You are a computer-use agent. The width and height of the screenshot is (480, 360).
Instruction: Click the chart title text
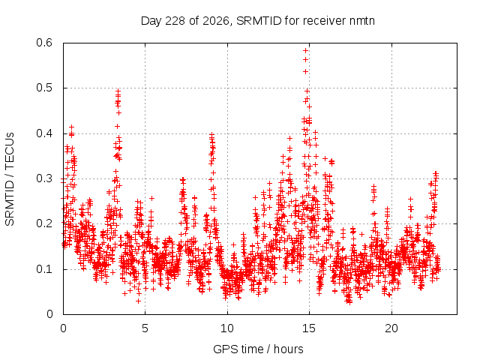click(x=258, y=21)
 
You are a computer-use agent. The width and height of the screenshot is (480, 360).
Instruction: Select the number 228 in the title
click(x=175, y=21)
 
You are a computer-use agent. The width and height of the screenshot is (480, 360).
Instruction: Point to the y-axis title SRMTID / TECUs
click(x=10, y=179)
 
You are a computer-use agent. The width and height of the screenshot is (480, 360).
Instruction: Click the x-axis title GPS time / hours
click(x=258, y=349)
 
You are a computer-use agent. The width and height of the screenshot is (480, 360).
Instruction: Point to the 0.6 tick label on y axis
click(x=44, y=43)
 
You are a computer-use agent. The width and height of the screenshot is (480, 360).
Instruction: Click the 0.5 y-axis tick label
click(x=44, y=88)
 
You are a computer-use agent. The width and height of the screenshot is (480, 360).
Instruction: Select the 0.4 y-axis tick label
click(x=44, y=133)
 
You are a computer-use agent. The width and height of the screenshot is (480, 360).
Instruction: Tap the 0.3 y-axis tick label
click(x=44, y=178)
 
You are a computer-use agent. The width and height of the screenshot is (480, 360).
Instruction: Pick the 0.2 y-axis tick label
click(x=44, y=223)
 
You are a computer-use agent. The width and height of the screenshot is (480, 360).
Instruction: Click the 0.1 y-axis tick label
click(x=44, y=269)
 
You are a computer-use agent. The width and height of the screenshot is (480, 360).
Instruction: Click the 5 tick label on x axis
click(x=145, y=328)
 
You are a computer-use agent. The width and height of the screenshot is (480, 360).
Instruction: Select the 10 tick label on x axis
click(x=227, y=328)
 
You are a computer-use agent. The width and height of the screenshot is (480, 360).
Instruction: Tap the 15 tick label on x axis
click(x=309, y=328)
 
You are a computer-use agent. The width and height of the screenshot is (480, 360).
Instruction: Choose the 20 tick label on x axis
click(x=391, y=328)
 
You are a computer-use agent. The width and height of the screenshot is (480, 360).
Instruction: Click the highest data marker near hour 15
click(x=305, y=50)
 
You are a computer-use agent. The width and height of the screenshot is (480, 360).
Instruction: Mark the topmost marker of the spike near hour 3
click(x=118, y=91)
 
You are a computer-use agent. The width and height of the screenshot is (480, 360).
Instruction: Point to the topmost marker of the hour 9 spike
click(x=211, y=134)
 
